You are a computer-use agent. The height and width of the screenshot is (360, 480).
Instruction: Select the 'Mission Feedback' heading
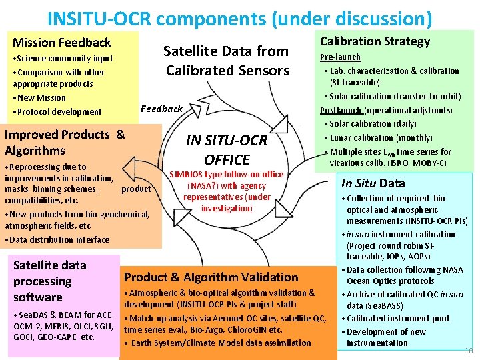click(x=62, y=43)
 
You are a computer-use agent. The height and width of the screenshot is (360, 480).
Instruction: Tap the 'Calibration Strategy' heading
click(x=375, y=41)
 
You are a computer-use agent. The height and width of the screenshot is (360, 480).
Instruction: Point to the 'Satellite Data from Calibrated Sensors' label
click(x=227, y=61)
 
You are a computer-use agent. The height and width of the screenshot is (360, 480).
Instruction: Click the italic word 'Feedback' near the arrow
click(x=161, y=109)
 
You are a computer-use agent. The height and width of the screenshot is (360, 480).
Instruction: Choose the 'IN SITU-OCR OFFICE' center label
click(x=227, y=150)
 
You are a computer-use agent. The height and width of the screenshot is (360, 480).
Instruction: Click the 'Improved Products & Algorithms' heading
click(x=65, y=142)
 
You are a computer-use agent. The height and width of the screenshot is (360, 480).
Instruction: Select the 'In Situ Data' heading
click(x=373, y=183)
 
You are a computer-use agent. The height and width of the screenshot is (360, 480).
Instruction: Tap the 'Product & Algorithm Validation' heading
click(x=211, y=277)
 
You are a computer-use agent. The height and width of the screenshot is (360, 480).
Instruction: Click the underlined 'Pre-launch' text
click(x=340, y=57)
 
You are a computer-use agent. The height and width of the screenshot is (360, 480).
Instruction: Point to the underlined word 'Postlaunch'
click(x=341, y=110)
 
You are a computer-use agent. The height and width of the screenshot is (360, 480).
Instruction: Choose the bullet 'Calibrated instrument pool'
click(x=398, y=319)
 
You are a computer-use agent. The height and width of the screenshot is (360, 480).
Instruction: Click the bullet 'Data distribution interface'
click(x=59, y=240)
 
